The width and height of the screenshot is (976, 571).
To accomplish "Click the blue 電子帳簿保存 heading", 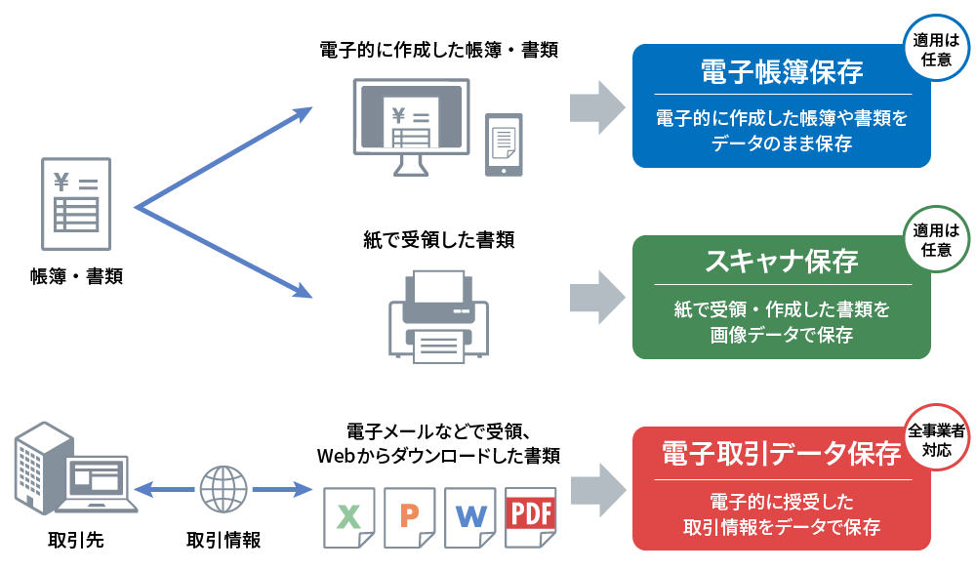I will [781, 73].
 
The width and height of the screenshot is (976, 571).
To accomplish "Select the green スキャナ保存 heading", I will [781, 262].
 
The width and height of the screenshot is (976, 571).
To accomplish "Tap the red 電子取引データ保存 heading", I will [781, 454].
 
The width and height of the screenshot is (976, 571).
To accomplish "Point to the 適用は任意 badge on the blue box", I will [936, 52].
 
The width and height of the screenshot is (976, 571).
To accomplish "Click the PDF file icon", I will [530, 516].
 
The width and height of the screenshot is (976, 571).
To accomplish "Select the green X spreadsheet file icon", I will [347, 517].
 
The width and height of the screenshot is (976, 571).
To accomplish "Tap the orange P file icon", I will [408, 517].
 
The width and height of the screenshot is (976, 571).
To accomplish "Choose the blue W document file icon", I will [469, 517].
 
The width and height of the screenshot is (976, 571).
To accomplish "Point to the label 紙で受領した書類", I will [438, 239].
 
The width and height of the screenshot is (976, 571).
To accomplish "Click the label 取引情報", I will [224, 540].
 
